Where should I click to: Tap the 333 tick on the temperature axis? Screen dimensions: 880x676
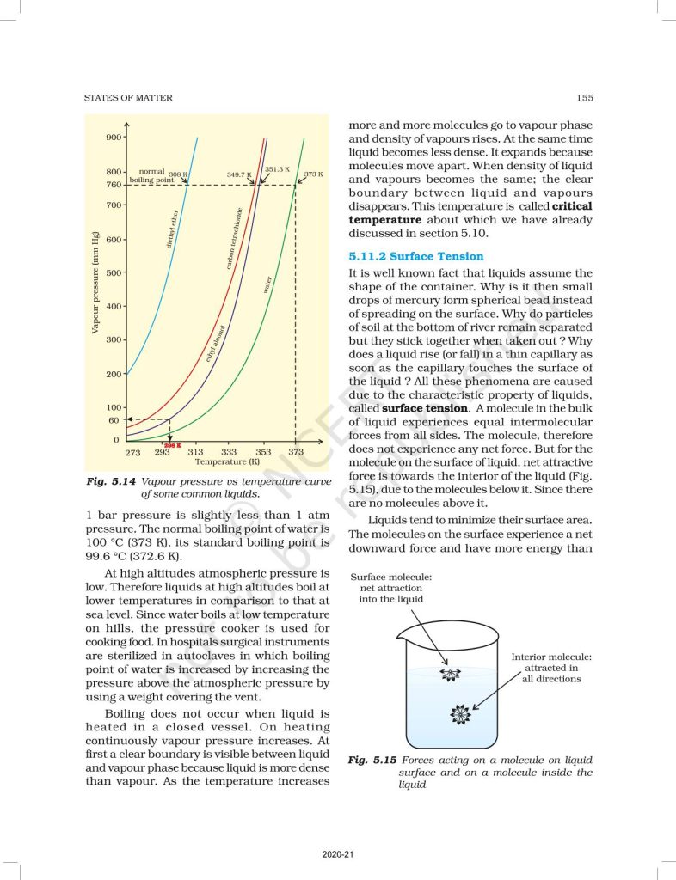click(x=228, y=452)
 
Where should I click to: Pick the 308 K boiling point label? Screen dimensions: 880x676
click(x=179, y=174)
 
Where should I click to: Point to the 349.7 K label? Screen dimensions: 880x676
click(x=239, y=174)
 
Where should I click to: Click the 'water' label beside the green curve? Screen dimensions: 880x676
click(x=267, y=284)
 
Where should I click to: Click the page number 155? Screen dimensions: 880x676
click(x=582, y=98)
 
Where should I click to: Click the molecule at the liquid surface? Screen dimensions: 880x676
click(x=448, y=675)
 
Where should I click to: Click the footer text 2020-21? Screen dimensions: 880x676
click(x=337, y=853)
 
